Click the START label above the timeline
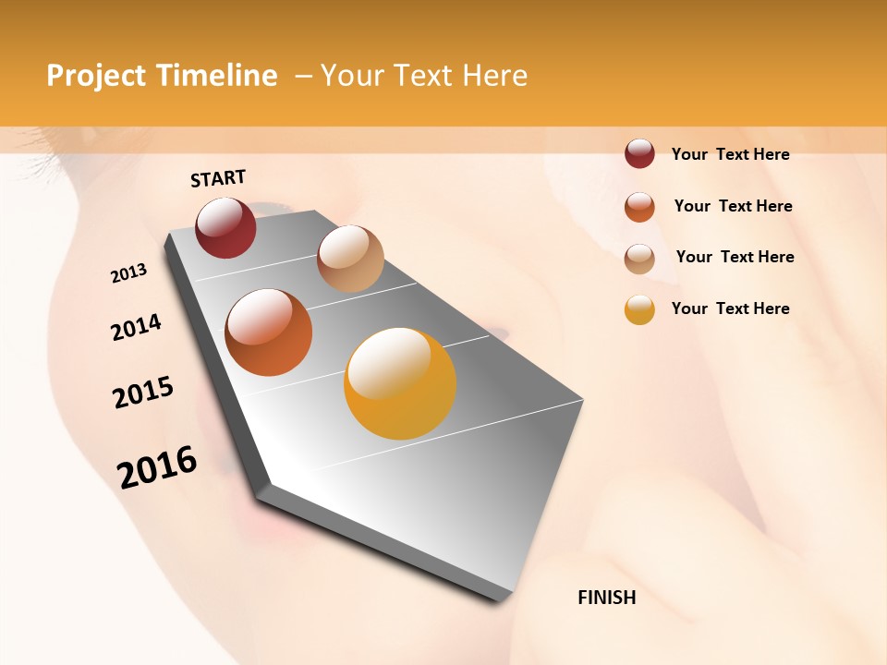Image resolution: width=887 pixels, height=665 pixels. tap(218, 178)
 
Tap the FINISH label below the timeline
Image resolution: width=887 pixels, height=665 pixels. tap(606, 598)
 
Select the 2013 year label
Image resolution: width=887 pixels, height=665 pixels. tap(129, 273)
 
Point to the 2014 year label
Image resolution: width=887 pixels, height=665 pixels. tap(136, 327)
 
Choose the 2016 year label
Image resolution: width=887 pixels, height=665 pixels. tap(157, 466)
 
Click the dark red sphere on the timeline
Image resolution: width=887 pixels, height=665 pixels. tap(225, 227)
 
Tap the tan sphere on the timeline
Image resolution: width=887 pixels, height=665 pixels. tap(350, 258)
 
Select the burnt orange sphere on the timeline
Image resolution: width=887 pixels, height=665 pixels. tap(269, 332)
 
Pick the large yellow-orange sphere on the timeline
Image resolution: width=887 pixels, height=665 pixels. tap(400, 383)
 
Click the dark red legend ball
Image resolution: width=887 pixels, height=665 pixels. tap(639, 154)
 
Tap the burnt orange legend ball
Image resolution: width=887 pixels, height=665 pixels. tap(639, 207)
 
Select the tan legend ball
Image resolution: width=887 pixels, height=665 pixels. tap(639, 259)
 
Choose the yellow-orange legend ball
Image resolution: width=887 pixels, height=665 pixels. tap(639, 309)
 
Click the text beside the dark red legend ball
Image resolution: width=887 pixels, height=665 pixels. tap(730, 154)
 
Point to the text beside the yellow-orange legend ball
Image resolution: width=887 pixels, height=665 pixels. tap(730, 308)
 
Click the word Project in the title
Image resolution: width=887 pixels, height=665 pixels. tap(96, 76)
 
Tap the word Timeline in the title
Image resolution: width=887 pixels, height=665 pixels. tap(216, 76)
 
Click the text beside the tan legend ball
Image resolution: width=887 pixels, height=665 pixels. tap(735, 257)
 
